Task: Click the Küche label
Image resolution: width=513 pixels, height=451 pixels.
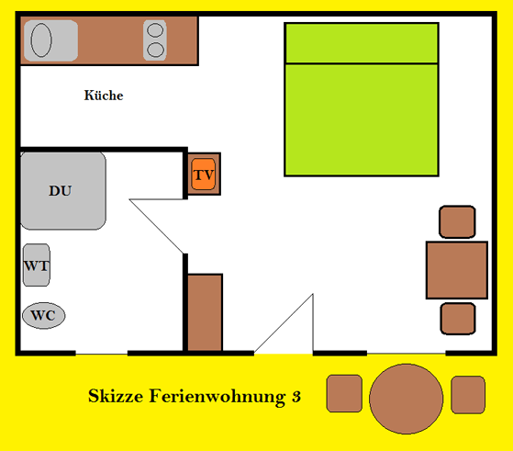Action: pyautogui.click(x=104, y=96)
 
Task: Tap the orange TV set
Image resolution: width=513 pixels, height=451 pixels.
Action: pyautogui.click(x=204, y=175)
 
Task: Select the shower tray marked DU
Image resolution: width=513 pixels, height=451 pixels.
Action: pyautogui.click(x=63, y=191)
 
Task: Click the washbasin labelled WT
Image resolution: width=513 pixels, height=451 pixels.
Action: pyautogui.click(x=37, y=265)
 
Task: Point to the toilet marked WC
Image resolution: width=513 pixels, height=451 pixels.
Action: pyautogui.click(x=43, y=315)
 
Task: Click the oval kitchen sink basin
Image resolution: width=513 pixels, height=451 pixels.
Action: pyautogui.click(x=41, y=40)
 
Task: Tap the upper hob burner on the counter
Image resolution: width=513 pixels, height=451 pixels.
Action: pyautogui.click(x=155, y=30)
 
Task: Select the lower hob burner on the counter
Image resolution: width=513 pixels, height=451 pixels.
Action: pyautogui.click(x=155, y=51)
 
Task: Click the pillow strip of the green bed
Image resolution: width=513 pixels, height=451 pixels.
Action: pyautogui.click(x=362, y=43)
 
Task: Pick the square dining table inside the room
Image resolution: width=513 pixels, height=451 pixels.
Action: pyautogui.click(x=457, y=270)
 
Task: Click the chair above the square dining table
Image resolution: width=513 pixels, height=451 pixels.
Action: pyautogui.click(x=457, y=221)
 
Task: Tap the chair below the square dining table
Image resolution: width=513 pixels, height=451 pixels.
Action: pyautogui.click(x=458, y=319)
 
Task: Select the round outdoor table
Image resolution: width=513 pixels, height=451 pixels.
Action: pyautogui.click(x=406, y=399)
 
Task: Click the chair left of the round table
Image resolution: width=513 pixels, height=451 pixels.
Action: pyautogui.click(x=344, y=393)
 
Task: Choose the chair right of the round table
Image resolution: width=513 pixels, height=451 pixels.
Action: pyautogui.click(x=468, y=395)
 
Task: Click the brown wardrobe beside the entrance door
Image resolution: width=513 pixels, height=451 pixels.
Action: pyautogui.click(x=205, y=312)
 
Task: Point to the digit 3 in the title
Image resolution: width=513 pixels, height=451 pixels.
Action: pyautogui.click(x=296, y=396)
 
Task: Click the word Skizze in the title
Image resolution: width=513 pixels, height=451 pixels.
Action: pyautogui.click(x=116, y=396)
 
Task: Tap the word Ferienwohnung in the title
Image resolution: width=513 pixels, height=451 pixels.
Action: pyautogui.click(x=217, y=397)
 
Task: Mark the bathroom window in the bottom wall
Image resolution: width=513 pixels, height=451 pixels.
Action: pyautogui.click(x=102, y=354)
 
